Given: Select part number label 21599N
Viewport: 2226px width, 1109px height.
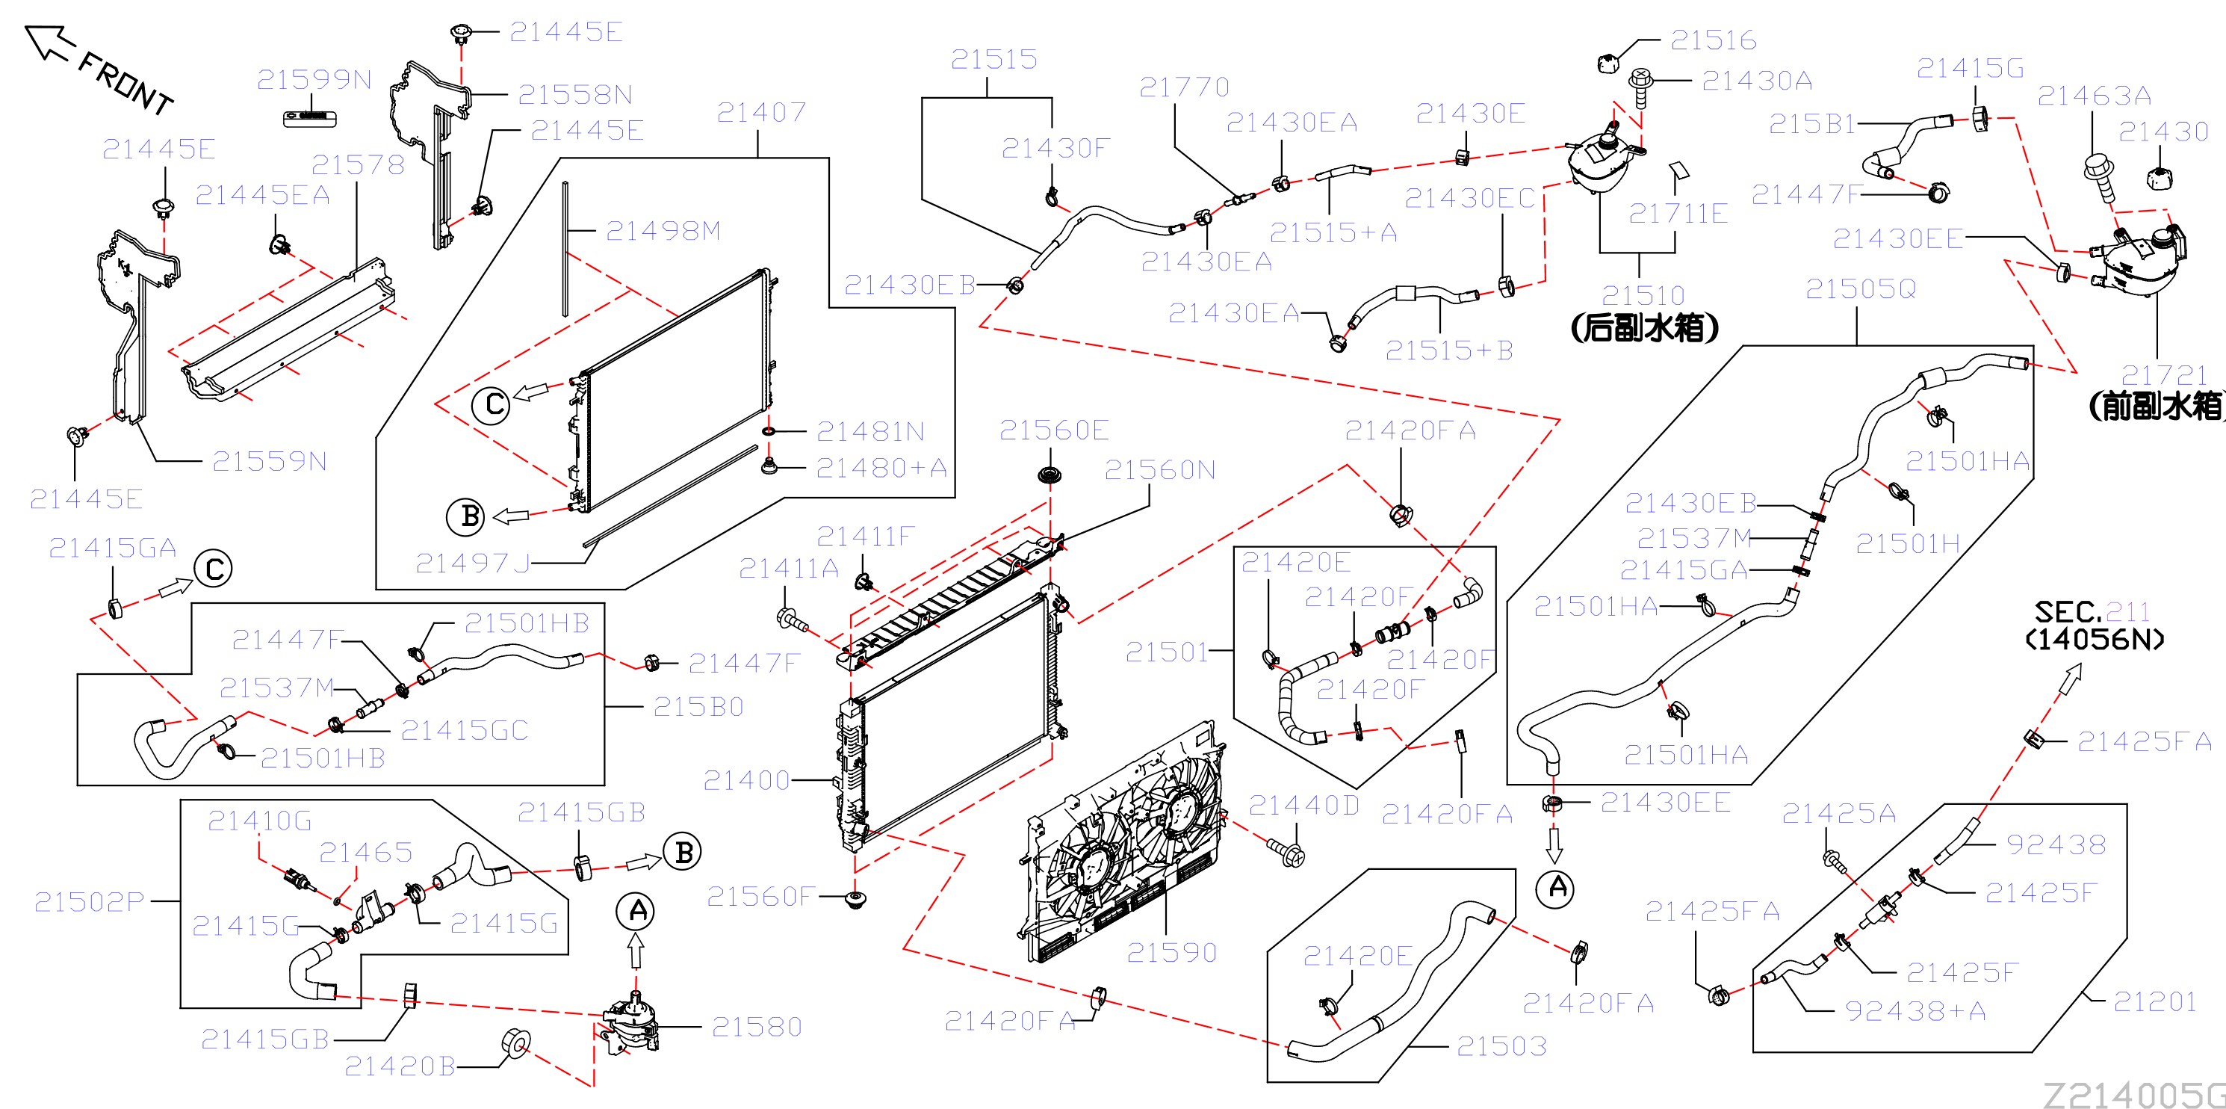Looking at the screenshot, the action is tap(314, 79).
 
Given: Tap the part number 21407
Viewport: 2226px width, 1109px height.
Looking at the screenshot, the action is tap(761, 111).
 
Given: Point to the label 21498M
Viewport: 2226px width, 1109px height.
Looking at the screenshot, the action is tap(663, 231).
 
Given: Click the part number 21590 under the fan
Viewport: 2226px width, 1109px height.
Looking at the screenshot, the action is tap(1172, 953).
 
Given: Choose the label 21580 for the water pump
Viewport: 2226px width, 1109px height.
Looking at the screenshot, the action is tap(757, 1027).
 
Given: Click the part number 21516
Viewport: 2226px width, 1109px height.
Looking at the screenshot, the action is tap(1714, 40).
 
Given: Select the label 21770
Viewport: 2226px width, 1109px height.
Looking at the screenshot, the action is tap(1184, 87).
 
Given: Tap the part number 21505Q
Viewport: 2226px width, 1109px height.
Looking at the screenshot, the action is tap(1861, 288).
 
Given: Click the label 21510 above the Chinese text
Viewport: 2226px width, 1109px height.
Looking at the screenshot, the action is tap(1643, 296).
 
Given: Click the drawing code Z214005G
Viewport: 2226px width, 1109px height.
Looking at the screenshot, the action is tap(2133, 1094).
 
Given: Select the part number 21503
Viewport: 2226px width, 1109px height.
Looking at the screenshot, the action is tap(1502, 1047).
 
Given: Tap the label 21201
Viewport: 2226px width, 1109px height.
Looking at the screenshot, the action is tap(2155, 1002).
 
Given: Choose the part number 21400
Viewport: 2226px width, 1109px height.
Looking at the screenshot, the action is tap(747, 780).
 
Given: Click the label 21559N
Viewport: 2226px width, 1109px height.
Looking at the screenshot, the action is tap(270, 462).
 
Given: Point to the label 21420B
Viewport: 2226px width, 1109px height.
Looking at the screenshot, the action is tap(400, 1066).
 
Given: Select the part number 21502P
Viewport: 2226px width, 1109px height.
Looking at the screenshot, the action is tap(89, 901).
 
